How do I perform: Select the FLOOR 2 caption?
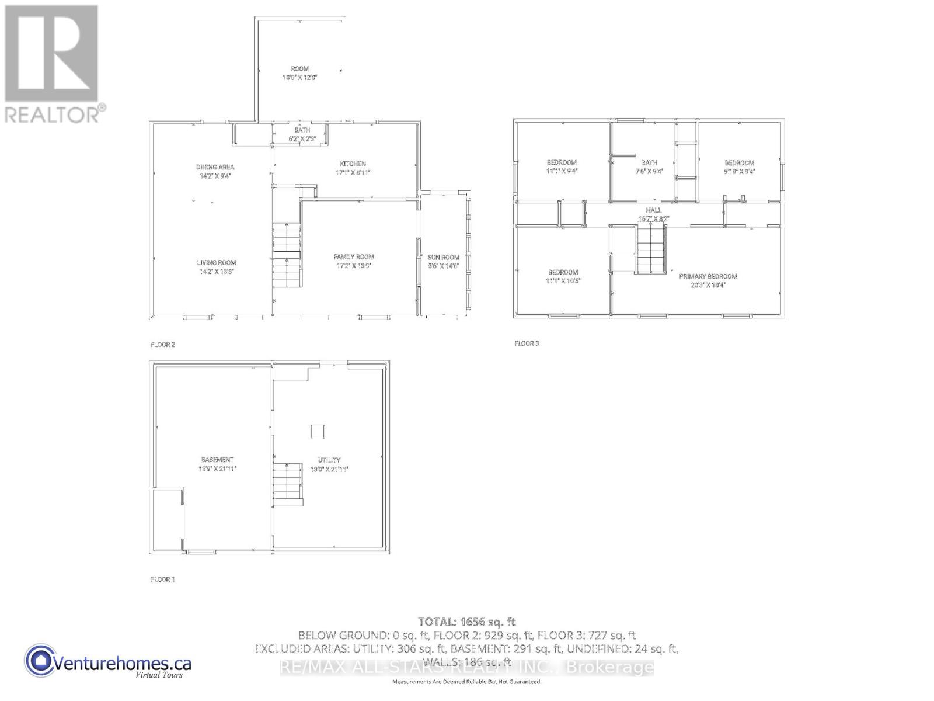point(163,345)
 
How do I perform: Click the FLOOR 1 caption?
point(163,579)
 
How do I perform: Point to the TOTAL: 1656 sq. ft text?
point(466,622)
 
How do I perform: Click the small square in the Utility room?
point(318,431)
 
